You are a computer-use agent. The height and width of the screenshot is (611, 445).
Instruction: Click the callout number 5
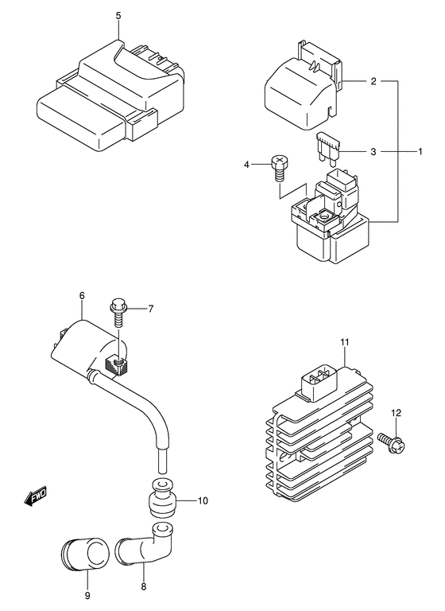point(118,16)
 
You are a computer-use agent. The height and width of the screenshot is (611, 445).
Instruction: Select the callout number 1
point(420,151)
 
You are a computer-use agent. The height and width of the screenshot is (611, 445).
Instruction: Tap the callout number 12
point(396,413)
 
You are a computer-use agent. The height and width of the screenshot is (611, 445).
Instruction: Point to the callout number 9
point(87,596)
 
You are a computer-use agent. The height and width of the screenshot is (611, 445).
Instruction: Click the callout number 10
point(203,500)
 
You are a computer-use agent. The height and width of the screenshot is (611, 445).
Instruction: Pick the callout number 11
point(345,342)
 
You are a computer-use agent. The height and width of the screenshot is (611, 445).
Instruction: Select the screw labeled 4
point(277,168)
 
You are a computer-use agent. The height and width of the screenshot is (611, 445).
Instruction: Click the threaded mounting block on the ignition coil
point(116,366)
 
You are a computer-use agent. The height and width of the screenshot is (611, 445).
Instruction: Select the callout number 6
point(82,296)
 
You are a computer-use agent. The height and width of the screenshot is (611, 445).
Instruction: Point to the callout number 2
point(373,81)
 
